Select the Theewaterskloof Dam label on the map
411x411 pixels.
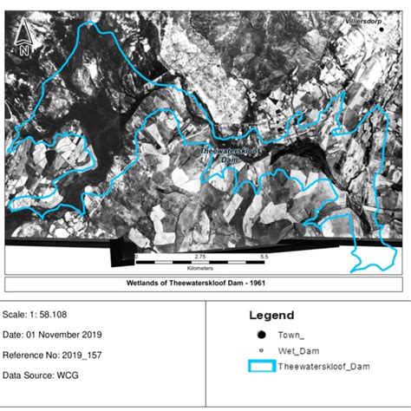coord(223,154)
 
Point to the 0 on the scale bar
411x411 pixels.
coord(136,258)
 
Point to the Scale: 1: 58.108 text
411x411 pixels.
coord(42,315)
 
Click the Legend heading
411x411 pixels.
coord(271,316)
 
